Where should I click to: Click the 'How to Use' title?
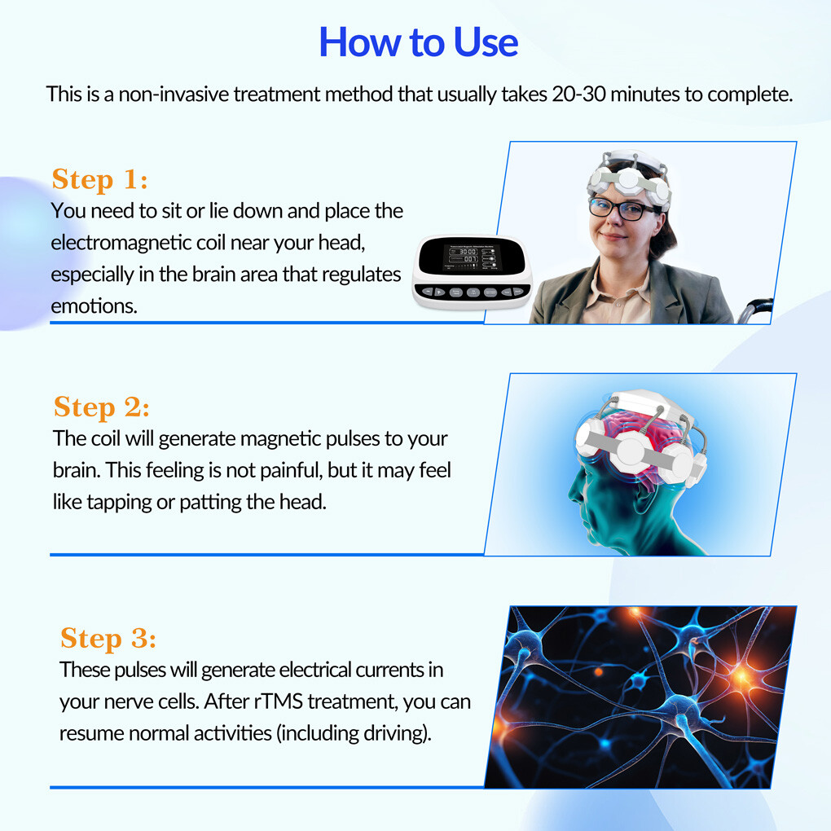coord(418,42)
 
